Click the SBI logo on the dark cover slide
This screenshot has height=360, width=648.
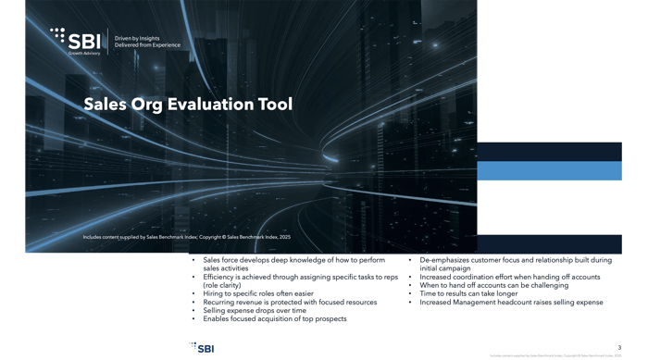(78, 39)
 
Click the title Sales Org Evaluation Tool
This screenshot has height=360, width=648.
(188, 105)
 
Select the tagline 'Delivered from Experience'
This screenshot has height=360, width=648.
(147, 44)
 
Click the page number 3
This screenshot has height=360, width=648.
(619, 346)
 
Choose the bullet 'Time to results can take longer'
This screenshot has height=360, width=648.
(474, 293)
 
